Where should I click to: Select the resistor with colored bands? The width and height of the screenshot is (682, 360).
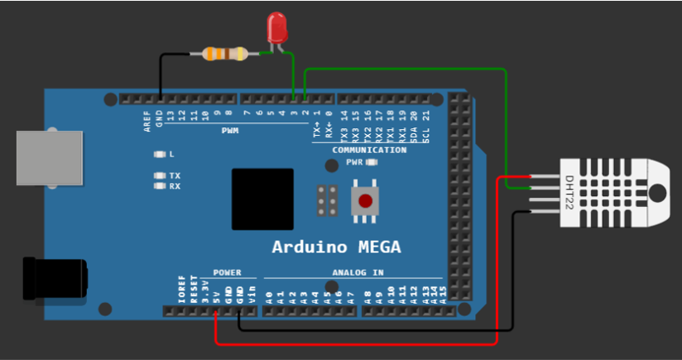[224, 55]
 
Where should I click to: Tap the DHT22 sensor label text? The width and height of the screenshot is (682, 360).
[569, 192]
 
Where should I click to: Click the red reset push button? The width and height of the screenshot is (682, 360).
[364, 200]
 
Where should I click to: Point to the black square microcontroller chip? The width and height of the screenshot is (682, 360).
[262, 199]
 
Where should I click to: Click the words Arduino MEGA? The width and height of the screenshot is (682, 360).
[336, 247]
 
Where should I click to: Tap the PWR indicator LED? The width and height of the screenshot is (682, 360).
[371, 163]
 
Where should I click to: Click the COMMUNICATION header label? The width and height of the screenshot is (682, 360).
[369, 151]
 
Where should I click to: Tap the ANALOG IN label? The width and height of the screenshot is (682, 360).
[358, 272]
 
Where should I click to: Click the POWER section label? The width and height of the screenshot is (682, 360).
[227, 272]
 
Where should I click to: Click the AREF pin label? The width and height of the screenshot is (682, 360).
[147, 121]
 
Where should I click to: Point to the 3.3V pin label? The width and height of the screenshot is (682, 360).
[204, 291]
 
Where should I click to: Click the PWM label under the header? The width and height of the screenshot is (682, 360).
[229, 131]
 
